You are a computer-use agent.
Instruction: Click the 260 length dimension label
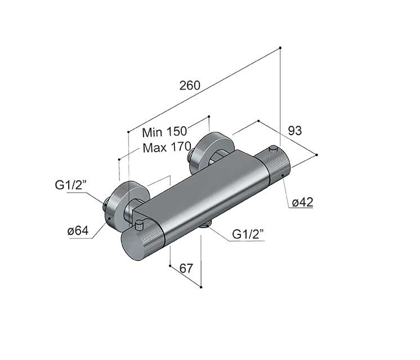(190, 85)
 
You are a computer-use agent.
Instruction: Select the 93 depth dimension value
(294, 130)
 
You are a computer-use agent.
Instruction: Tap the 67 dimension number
(186, 268)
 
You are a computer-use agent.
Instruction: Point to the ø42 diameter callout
(302, 202)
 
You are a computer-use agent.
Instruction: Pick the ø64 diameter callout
(78, 230)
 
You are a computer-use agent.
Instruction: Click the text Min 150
(164, 132)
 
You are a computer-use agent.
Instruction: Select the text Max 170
(167, 148)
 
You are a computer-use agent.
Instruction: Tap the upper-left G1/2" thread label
(71, 185)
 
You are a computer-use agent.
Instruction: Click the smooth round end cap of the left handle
(131, 246)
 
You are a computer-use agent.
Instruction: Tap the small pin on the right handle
(273, 149)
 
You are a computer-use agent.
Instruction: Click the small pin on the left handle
(140, 225)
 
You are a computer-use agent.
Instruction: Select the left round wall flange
(126, 205)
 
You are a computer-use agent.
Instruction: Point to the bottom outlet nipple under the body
(205, 225)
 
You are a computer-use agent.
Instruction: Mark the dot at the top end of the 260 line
(280, 48)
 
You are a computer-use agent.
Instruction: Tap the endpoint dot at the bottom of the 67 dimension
(201, 287)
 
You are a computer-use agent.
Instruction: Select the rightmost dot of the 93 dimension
(316, 155)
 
